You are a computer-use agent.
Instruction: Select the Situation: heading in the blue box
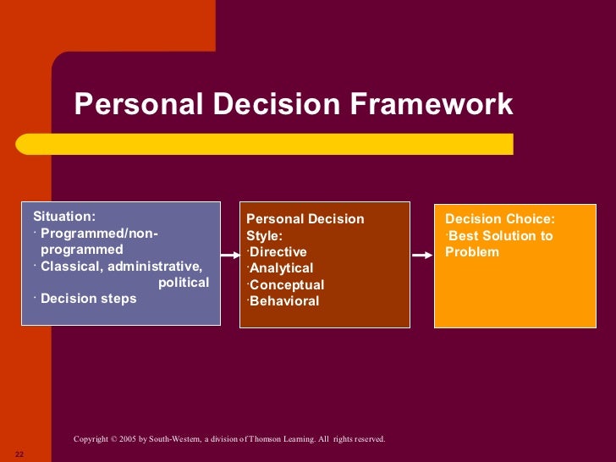pyautogui.click(x=64, y=217)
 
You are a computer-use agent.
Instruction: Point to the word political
pyautogui.click(x=184, y=282)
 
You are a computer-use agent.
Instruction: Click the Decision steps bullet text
pyautogui.click(x=88, y=298)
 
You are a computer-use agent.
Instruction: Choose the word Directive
pyautogui.click(x=278, y=252)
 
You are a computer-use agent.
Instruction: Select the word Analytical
pyautogui.click(x=281, y=268)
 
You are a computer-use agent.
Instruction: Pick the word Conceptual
pyautogui.click(x=287, y=284)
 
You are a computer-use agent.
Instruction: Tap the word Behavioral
pyautogui.click(x=284, y=300)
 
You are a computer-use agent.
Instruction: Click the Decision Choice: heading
pyautogui.click(x=500, y=219)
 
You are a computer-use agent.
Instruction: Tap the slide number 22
pyautogui.click(x=19, y=454)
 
